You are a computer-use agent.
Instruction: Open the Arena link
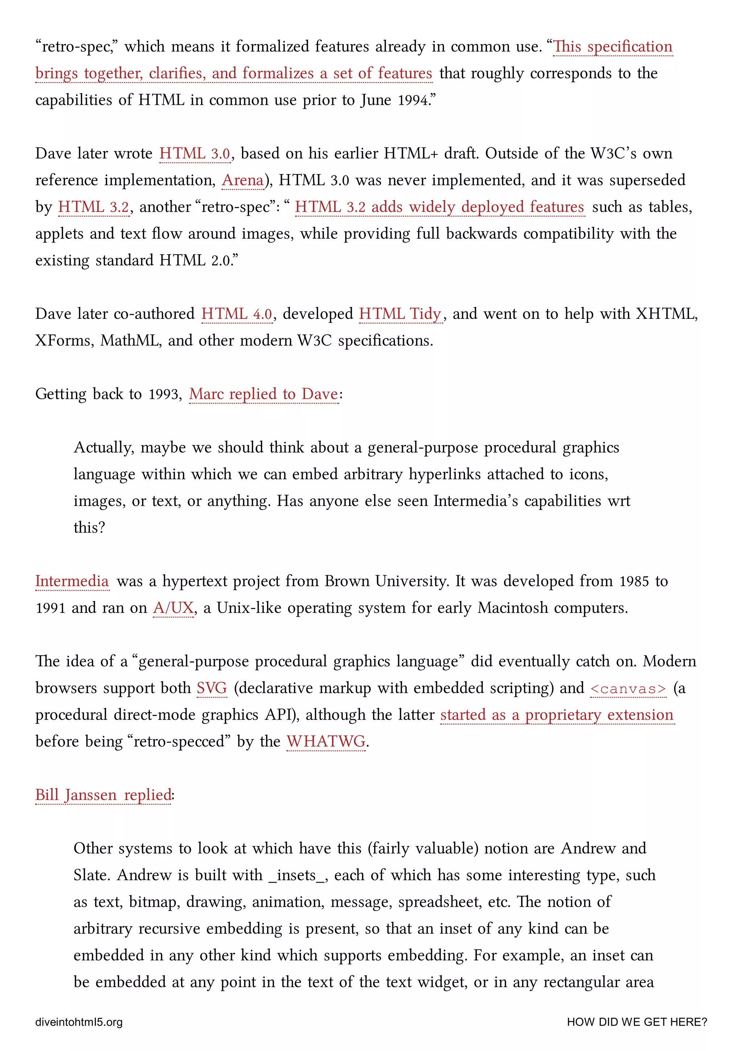243,180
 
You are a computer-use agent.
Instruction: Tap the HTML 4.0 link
237,314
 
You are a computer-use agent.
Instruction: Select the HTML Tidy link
400,314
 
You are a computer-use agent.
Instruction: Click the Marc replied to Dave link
263,394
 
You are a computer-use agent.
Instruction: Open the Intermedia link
72,581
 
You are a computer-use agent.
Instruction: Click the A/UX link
173,608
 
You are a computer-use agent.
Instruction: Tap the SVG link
212,688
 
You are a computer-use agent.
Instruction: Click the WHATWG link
325,742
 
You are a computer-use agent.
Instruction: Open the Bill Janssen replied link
103,795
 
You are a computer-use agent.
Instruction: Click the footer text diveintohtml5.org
79,1022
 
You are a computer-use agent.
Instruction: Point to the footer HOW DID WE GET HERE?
636,1022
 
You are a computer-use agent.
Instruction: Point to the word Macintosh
512,608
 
